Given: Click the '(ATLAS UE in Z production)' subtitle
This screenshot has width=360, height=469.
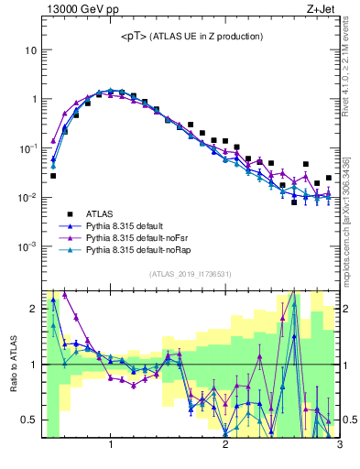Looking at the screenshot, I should point(209,36).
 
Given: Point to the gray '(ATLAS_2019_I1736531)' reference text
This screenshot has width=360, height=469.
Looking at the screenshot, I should point(191,274).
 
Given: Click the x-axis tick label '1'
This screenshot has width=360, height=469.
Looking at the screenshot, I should point(111,445).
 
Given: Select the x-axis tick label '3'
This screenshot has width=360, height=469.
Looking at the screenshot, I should point(339,445).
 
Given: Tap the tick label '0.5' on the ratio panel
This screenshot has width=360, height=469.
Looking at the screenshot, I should point(29,420).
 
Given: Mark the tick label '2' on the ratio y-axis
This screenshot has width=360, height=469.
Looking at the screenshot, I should point(33,309).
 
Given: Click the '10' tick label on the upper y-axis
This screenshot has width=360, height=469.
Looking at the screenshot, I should point(30,49).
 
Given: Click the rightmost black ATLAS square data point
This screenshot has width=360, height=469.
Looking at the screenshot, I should point(329,178).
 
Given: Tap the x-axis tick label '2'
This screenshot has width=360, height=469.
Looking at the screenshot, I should point(225,445).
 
